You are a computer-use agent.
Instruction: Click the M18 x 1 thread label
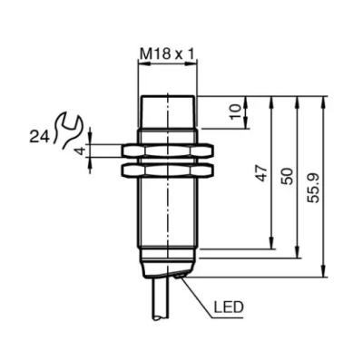click(x=167, y=54)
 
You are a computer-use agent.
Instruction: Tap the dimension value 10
click(x=235, y=112)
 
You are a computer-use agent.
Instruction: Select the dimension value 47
click(x=262, y=173)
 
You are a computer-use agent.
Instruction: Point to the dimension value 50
click(x=287, y=176)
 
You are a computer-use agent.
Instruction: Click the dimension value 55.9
click(x=313, y=188)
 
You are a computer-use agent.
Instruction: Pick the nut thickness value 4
click(x=79, y=151)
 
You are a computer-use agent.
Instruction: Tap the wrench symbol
click(x=67, y=130)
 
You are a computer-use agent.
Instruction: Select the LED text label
click(x=229, y=307)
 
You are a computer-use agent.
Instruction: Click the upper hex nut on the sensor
click(x=167, y=151)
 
